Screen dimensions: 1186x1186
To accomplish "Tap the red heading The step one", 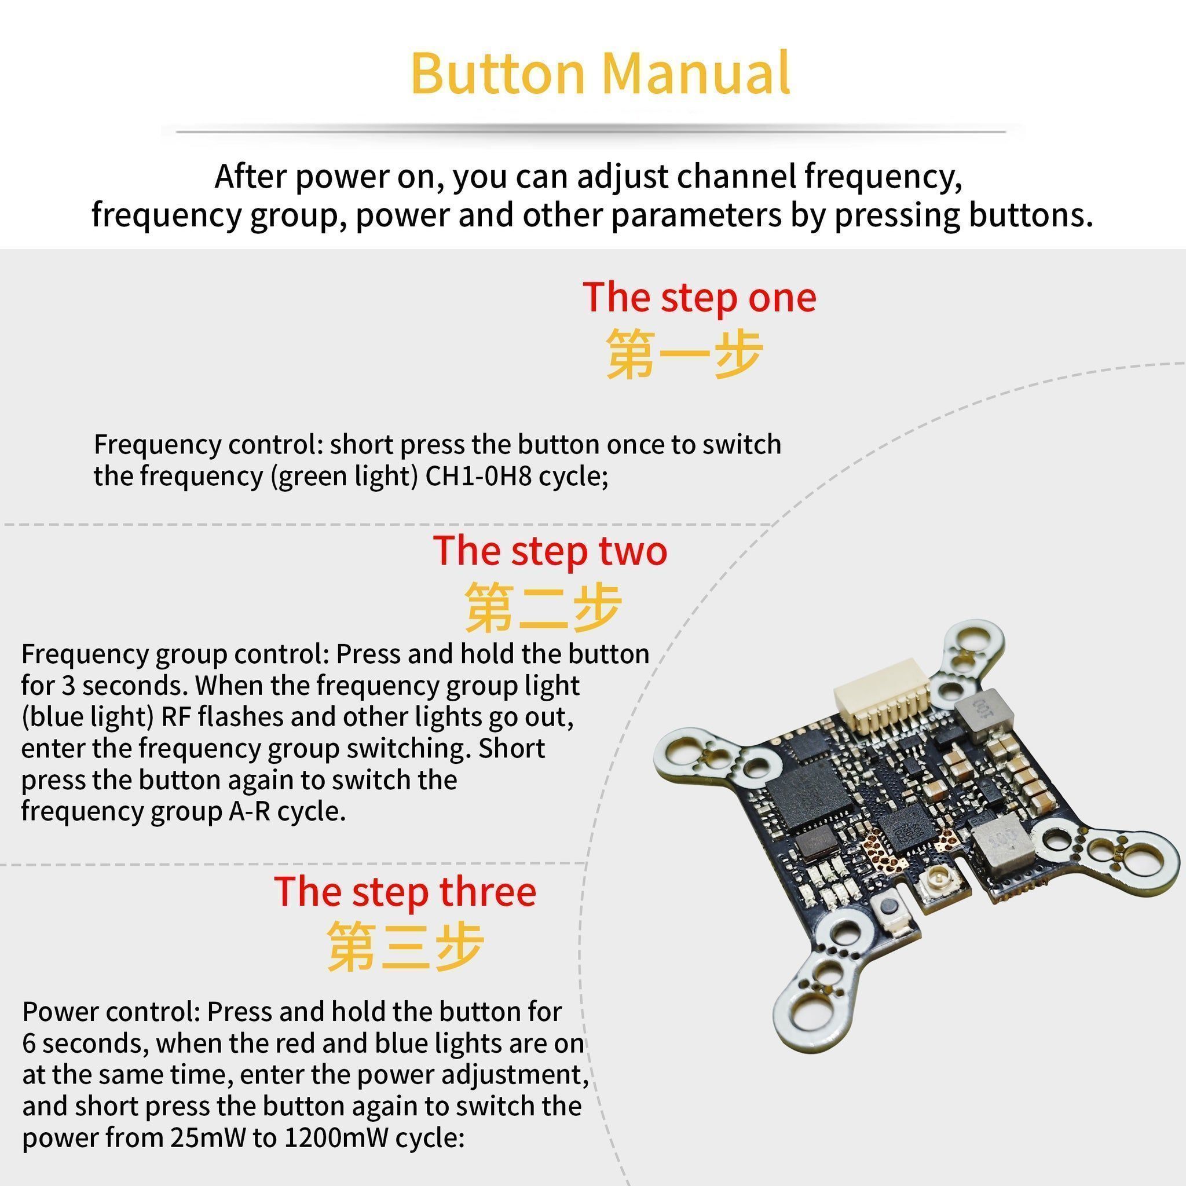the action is pyautogui.click(x=699, y=298).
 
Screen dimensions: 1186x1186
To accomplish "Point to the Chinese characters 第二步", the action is pyautogui.click(x=543, y=606).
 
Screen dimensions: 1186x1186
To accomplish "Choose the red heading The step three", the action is pyautogui.click(x=405, y=891).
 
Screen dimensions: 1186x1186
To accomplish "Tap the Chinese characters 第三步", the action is pyautogui.click(x=405, y=947).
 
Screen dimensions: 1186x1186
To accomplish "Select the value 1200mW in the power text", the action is pyautogui.click(x=336, y=1137).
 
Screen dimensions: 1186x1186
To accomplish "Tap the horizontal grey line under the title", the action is pyautogui.click(x=591, y=131).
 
